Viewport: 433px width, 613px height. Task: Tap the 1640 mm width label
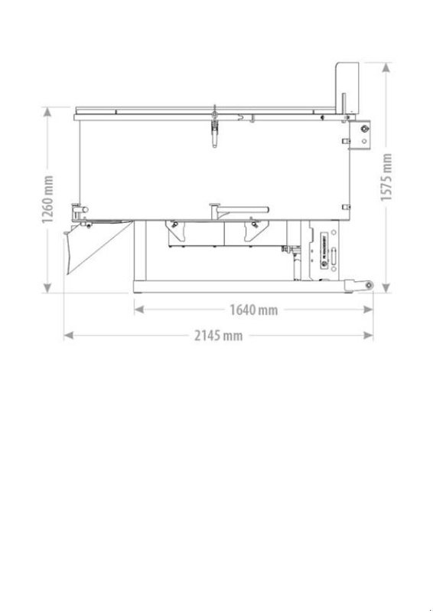pos(253,310)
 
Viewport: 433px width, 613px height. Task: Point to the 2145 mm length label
pos(218,336)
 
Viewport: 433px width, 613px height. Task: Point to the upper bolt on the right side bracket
pos(363,129)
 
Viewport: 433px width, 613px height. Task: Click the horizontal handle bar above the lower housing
pos(242,208)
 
